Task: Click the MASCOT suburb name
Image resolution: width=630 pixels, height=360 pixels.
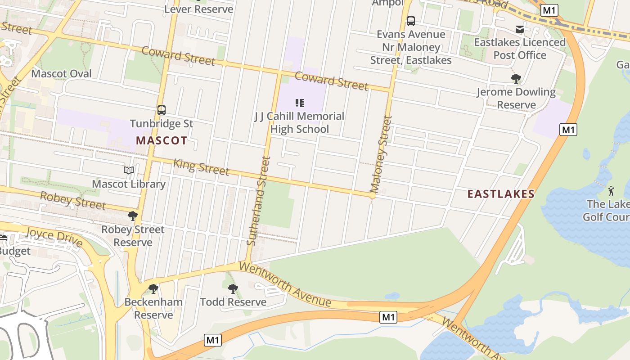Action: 162,140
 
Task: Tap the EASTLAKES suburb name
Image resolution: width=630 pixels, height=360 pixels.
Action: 501,194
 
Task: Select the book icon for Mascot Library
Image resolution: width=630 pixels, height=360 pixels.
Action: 129,171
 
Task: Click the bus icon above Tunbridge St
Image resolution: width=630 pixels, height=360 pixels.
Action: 162,110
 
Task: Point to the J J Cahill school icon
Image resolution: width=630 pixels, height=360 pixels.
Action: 300,103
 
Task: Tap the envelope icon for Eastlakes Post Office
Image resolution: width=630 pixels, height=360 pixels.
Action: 520,30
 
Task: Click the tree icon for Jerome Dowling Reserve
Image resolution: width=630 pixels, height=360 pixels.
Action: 516,79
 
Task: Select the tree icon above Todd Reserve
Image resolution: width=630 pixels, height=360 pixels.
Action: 233,288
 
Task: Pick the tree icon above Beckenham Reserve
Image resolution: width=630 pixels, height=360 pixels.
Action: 153,288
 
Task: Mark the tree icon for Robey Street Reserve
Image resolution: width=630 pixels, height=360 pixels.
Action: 133,216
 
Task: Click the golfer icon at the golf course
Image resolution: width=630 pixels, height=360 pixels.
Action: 611,190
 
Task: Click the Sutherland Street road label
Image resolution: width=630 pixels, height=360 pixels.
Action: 259,201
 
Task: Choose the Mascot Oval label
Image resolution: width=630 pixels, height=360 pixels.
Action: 62,74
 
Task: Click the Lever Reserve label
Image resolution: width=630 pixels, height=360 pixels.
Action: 199,9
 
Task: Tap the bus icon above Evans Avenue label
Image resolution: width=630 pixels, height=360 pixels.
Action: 411,21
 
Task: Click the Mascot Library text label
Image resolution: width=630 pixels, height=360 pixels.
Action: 129,184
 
